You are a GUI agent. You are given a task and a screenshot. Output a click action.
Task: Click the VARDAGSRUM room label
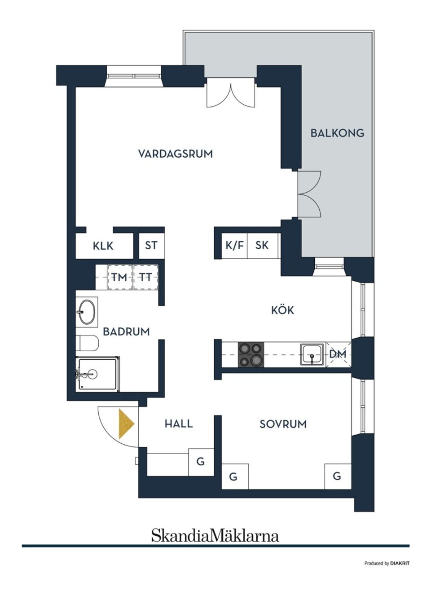[x=175, y=154]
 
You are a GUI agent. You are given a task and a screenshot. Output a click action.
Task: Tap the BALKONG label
[x=337, y=133]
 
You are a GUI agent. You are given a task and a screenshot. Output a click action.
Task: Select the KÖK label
[x=282, y=310]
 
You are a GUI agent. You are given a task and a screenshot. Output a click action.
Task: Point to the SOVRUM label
[x=283, y=424]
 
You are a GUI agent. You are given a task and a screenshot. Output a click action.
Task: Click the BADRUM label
[x=126, y=332]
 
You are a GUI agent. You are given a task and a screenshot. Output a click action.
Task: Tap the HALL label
[x=178, y=424]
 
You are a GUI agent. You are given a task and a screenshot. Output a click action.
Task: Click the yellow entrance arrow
[x=126, y=424]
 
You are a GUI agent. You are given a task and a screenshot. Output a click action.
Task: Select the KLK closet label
[x=103, y=246]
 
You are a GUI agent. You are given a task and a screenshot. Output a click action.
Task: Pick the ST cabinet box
[x=151, y=246]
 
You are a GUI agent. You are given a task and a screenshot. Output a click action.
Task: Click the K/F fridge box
[x=234, y=245]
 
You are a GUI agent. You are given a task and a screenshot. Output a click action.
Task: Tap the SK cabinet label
[x=262, y=245]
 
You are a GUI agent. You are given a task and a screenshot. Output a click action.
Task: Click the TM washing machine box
[x=119, y=277]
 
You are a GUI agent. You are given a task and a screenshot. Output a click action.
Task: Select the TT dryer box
[x=145, y=277]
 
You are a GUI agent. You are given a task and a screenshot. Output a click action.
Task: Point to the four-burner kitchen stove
[x=251, y=354]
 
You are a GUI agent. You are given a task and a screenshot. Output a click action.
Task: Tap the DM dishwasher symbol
[x=338, y=354]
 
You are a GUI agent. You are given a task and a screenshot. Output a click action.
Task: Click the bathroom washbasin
[x=86, y=311]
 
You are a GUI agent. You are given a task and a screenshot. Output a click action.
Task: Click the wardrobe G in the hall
[x=201, y=461]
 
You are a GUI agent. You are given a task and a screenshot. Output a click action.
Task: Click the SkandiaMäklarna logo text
[x=215, y=535]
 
